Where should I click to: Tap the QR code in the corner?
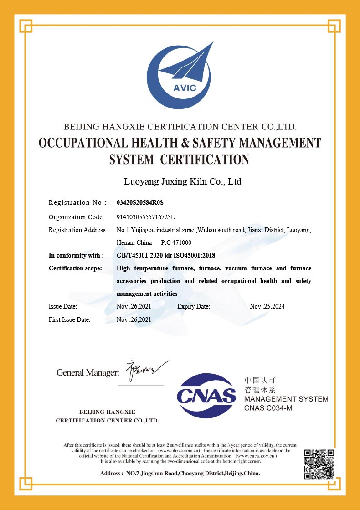coord(319,464)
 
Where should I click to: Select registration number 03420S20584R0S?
coord(139,202)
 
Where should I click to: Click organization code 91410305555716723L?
coord(145,217)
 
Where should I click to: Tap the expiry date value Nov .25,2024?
coord(267,306)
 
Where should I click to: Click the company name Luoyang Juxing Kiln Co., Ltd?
coord(183,182)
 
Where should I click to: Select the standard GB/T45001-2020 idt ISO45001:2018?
coord(165,255)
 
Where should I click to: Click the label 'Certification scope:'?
coord(75,268)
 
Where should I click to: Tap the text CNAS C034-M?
coord(268,408)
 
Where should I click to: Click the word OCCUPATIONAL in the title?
coord(87,143)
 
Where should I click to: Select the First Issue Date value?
coord(134,319)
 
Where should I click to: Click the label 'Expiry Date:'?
coord(194,306)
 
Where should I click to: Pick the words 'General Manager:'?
coord(87,373)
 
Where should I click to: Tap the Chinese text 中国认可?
coord(260,380)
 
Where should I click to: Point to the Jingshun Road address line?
coord(180,474)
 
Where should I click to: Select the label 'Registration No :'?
coord(77,202)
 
